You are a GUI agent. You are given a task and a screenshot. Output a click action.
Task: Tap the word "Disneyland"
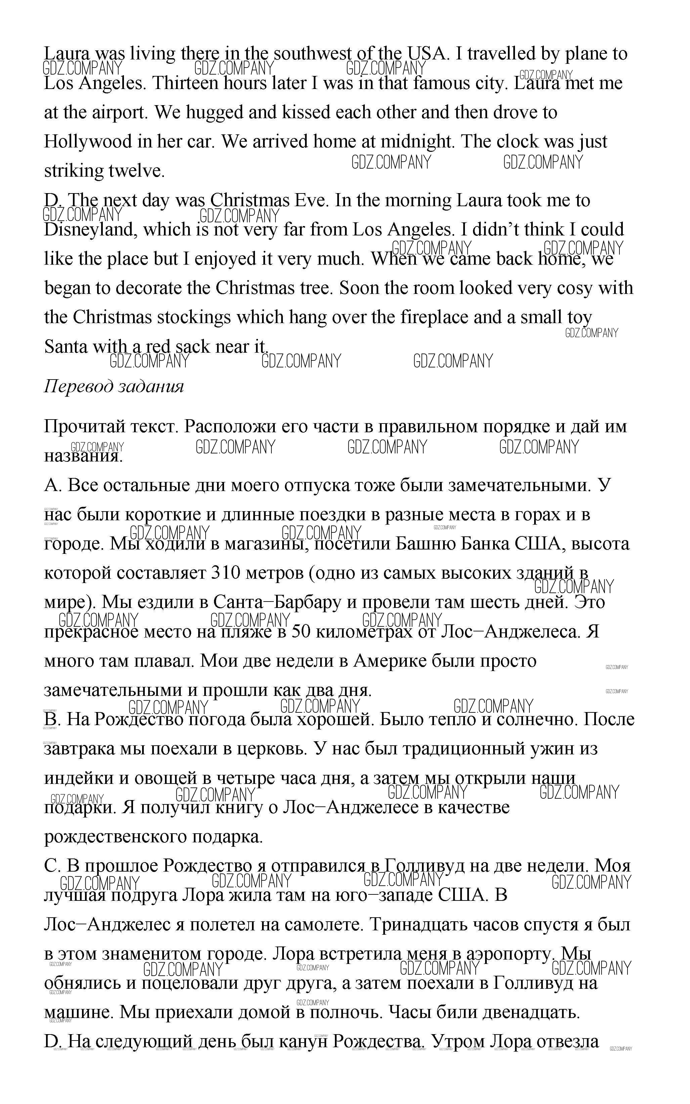[x=90, y=229]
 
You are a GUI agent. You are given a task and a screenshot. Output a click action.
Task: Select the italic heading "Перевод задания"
[x=114, y=386]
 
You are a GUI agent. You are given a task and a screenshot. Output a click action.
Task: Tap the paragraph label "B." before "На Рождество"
[x=52, y=719]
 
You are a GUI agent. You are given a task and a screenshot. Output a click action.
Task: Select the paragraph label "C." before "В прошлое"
[x=52, y=866]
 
